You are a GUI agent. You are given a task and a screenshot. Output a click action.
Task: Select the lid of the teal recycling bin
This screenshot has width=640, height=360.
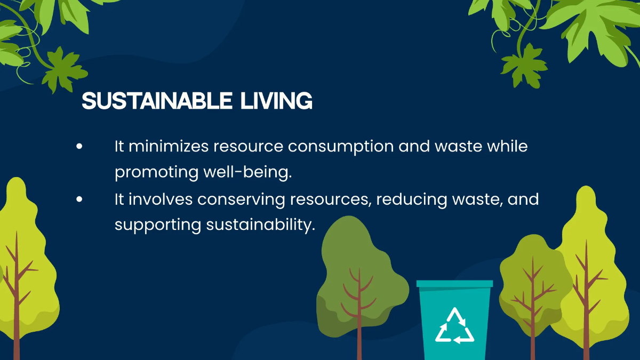click(454, 284)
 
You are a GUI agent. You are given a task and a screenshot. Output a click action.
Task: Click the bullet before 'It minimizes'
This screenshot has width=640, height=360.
click(79, 146)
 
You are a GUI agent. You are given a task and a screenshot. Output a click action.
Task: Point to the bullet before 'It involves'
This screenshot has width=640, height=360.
click(79, 199)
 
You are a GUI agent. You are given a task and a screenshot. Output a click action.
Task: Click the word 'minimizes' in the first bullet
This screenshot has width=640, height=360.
click(167, 146)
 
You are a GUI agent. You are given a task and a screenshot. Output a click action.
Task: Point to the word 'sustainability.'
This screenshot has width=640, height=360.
click(258, 225)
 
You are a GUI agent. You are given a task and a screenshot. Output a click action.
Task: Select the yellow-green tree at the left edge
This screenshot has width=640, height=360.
click(21, 256)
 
